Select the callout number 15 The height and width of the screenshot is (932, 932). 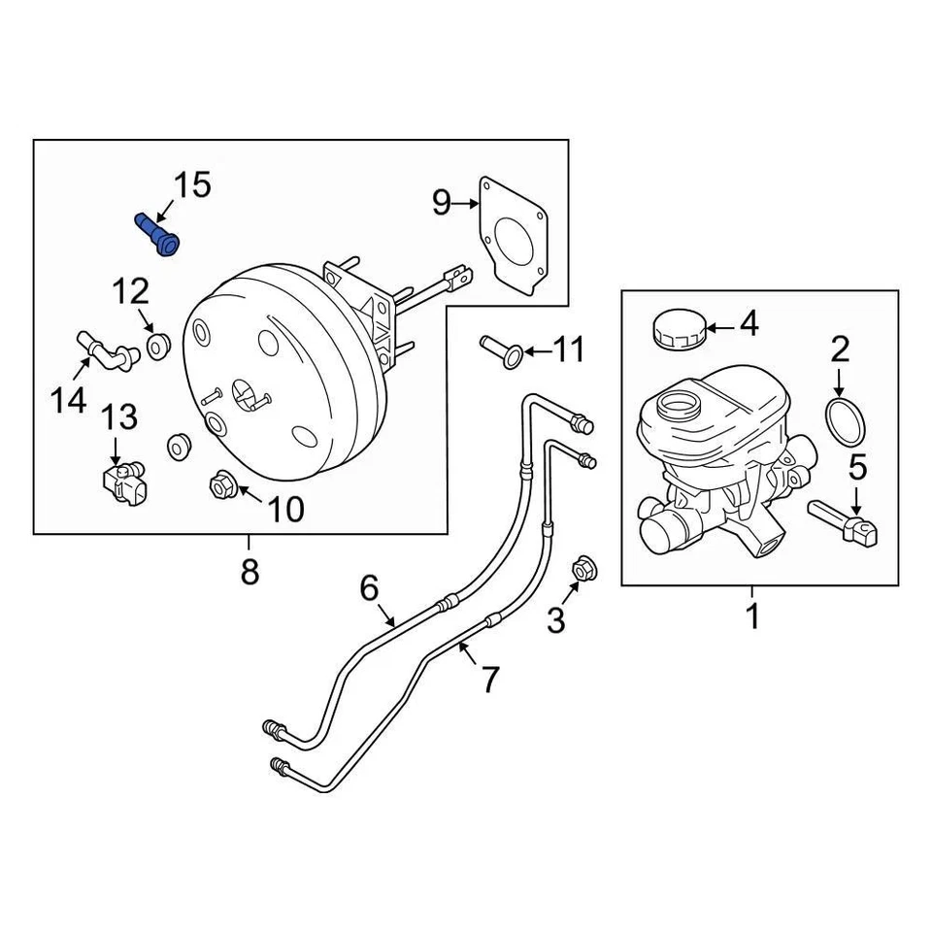pos(191,184)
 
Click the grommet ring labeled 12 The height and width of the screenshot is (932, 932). pos(157,345)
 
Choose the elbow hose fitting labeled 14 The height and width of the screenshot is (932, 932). pos(105,349)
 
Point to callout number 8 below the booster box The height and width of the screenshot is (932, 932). pos(250,572)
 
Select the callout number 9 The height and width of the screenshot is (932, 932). pos(442,202)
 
